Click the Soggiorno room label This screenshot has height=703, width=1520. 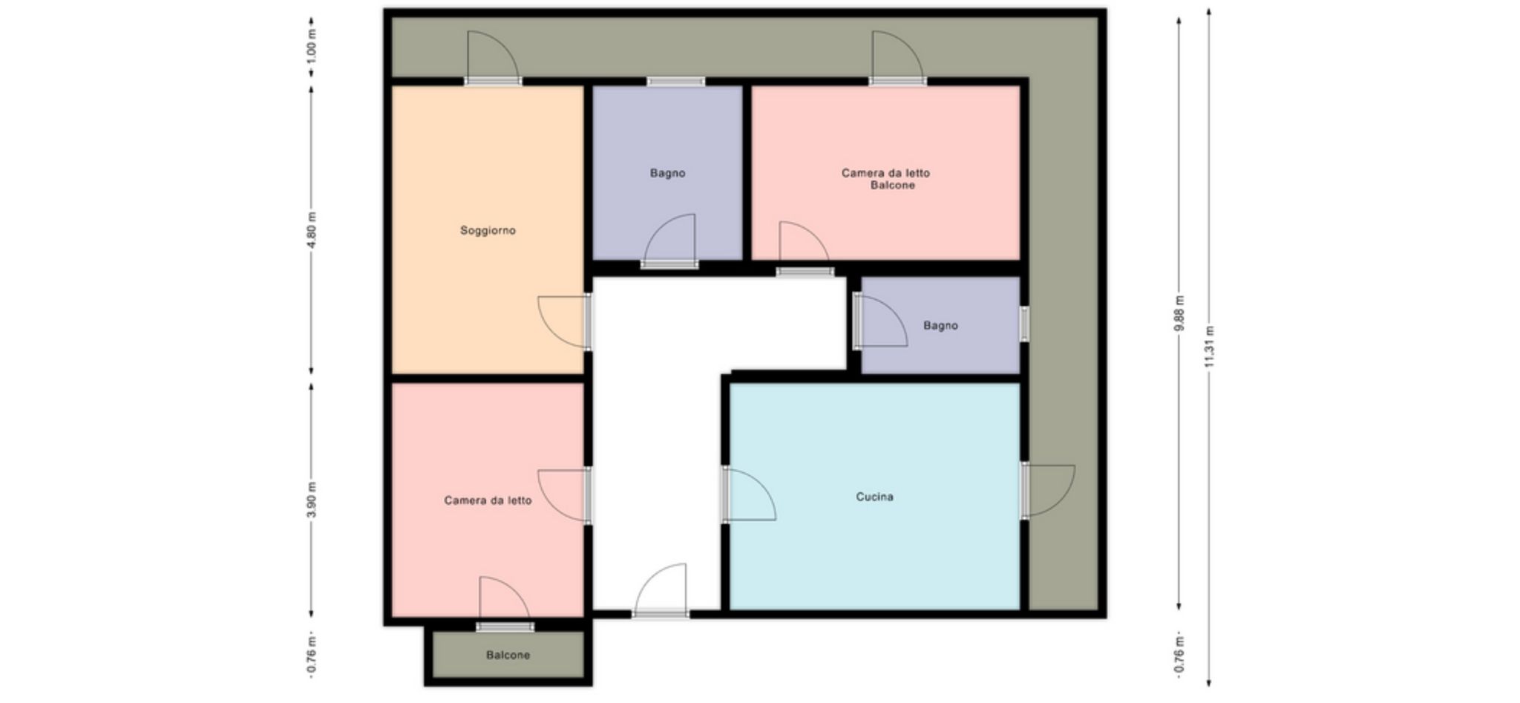tap(488, 230)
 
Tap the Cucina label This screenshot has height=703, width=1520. tap(874, 497)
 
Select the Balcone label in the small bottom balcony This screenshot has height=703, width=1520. tap(508, 655)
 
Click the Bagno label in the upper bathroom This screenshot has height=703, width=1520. tap(667, 173)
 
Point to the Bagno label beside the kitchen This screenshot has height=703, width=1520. tap(940, 325)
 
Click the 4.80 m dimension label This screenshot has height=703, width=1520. tap(312, 229)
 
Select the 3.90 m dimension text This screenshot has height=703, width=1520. tap(312, 500)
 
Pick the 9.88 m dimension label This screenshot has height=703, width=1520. tap(1179, 313)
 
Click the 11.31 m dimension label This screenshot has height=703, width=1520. tap(1209, 347)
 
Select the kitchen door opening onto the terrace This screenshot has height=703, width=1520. tap(1047, 490)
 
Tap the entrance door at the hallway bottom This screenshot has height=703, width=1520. tap(660, 591)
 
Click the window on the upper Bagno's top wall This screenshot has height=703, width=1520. tap(675, 82)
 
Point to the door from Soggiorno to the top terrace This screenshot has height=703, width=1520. tap(493, 58)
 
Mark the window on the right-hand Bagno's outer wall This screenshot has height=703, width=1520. tap(1024, 324)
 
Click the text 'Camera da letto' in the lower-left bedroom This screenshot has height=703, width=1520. tap(488, 500)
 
